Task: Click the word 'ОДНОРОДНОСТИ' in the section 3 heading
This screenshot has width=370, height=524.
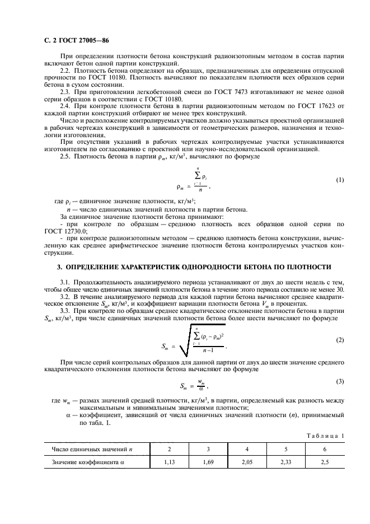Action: [205, 266]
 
